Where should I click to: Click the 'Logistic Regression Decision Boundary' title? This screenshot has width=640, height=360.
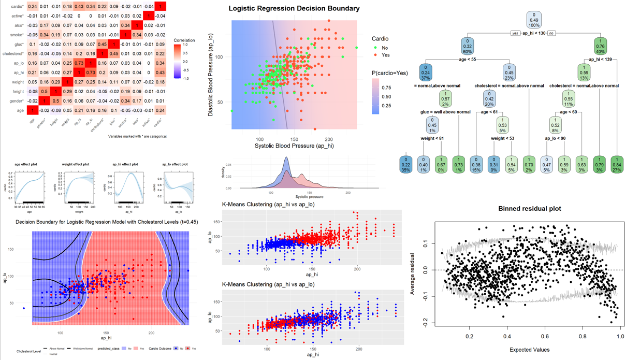point(294,8)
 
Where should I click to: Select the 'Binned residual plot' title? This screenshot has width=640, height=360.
point(529,209)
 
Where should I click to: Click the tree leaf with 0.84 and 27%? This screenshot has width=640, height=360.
point(617,164)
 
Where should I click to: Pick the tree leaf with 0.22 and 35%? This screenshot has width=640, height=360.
point(406,164)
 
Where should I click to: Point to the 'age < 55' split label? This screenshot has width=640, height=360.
point(467,60)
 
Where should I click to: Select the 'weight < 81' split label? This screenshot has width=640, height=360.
point(432,138)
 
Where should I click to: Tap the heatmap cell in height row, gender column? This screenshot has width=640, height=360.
point(45,92)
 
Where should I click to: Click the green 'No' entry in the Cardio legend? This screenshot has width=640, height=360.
point(381,48)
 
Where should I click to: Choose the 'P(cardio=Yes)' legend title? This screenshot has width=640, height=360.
point(389,74)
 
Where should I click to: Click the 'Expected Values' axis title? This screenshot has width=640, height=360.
point(529,350)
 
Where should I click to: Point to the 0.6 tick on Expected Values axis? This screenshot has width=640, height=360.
point(545,336)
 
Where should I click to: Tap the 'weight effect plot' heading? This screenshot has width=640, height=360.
point(75,165)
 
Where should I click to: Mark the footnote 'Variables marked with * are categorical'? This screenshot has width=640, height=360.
point(138,136)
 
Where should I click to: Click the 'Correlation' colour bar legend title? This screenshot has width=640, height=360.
point(184,40)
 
